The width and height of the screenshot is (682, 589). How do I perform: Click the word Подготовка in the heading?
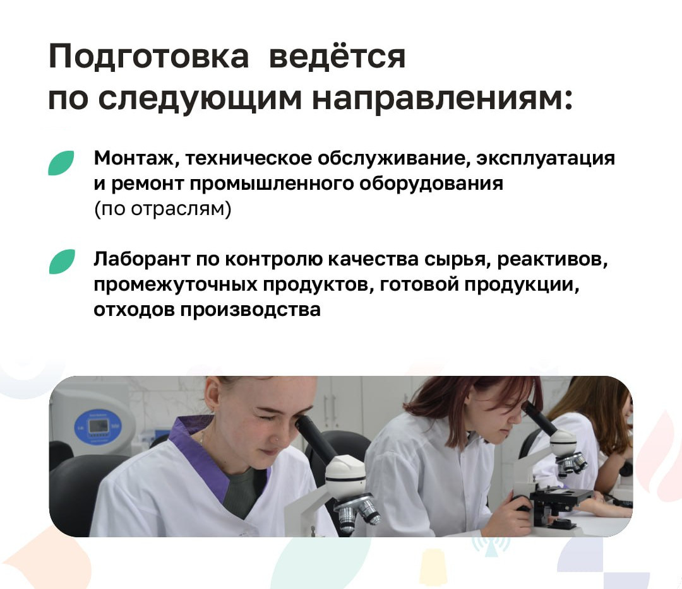pos(148,57)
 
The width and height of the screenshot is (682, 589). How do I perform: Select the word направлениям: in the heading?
pos(442,100)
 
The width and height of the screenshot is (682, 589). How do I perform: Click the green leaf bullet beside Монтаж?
pos(61,163)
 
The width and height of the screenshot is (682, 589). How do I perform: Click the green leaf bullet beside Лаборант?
pos(62,262)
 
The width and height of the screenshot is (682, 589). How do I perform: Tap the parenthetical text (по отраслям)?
pos(163,209)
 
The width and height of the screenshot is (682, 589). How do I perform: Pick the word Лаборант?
pos(142,259)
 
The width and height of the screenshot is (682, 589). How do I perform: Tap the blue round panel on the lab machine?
pos(98,427)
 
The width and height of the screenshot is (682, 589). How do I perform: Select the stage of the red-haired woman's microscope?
pos(561,495)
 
